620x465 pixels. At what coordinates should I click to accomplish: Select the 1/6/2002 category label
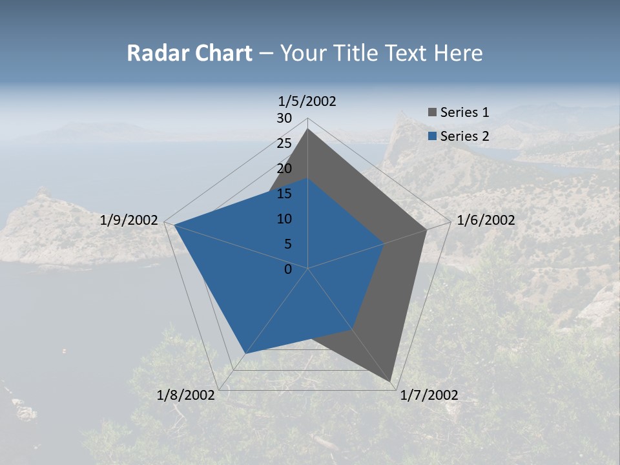[x=486, y=220]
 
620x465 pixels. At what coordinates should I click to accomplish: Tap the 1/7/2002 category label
[x=429, y=395]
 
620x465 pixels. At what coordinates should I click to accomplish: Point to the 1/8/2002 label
[x=186, y=395]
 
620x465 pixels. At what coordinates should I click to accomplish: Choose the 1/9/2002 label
[x=129, y=220]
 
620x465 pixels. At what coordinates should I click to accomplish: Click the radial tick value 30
[x=284, y=118]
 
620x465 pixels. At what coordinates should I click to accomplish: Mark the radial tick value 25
[x=284, y=143]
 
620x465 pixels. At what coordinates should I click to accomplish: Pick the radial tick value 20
[x=284, y=169]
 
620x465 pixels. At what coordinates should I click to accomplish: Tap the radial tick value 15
[x=284, y=194]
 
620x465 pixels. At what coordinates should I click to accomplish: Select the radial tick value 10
[x=284, y=219]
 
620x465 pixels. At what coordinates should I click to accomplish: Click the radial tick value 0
[x=288, y=269]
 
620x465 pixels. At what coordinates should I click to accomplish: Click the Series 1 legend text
[x=464, y=112]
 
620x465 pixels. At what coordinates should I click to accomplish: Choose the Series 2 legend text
[x=464, y=136]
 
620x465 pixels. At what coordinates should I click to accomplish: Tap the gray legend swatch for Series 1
[x=433, y=112]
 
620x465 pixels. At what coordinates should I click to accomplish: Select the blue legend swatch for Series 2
[x=433, y=136]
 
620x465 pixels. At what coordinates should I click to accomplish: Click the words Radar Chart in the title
[x=189, y=53]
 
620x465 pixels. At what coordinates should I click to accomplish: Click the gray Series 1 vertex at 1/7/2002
[x=391, y=381]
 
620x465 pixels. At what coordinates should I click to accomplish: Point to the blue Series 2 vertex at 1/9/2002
[x=174, y=225]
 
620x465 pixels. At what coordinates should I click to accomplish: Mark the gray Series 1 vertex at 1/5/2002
[x=307, y=129]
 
